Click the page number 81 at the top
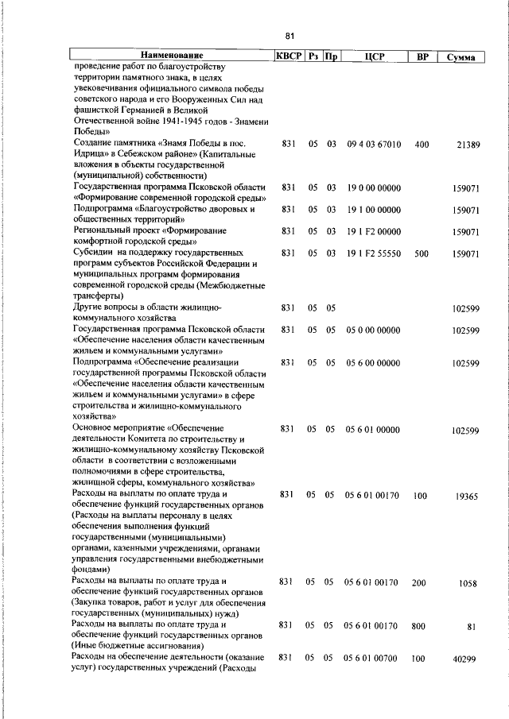pos(289,36)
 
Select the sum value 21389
pos(466,145)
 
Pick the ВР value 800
pos(418,626)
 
